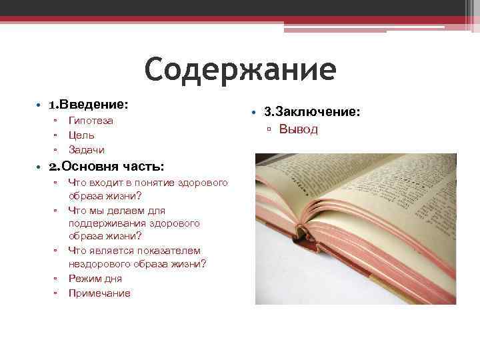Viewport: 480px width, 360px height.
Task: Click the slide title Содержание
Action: point(240,69)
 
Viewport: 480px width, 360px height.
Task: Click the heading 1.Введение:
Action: point(89,105)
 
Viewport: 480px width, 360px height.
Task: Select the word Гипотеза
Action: point(91,121)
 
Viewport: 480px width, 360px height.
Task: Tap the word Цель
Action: point(81,135)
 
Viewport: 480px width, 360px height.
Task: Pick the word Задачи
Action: point(87,150)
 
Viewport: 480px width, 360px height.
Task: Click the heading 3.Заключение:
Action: point(312,111)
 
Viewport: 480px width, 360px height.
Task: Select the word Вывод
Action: point(298,129)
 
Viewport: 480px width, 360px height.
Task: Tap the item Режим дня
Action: point(95,279)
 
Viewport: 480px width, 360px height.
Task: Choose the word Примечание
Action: point(99,293)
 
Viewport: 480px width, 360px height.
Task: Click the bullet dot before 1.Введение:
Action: point(39,105)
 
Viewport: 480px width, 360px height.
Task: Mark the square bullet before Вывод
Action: point(269,129)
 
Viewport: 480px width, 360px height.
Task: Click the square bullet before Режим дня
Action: point(55,279)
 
